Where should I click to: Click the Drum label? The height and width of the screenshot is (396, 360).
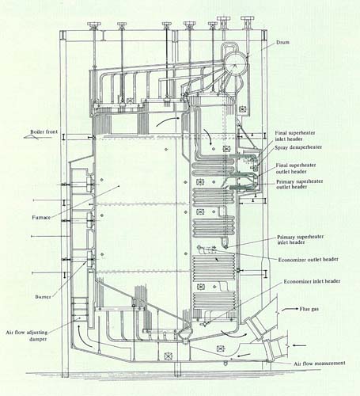tap(282, 42)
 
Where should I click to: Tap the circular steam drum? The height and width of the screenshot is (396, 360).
tap(236, 63)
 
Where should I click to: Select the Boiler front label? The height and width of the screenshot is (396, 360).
tap(44, 131)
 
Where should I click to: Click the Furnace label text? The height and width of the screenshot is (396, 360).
tap(41, 218)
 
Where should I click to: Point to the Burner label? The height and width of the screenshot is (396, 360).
tap(43, 297)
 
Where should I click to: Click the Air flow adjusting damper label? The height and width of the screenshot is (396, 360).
tap(27, 336)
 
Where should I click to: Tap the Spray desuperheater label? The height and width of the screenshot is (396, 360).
tap(298, 147)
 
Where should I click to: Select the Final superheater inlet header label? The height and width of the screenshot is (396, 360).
tap(295, 136)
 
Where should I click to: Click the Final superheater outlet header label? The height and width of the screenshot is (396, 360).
tap(296, 169)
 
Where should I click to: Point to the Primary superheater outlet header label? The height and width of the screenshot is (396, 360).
tap(299, 185)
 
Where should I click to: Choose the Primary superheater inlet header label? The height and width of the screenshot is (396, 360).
tap(300, 239)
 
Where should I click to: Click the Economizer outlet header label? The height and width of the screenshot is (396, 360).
tap(308, 260)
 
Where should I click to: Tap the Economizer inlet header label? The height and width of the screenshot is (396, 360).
tap(312, 281)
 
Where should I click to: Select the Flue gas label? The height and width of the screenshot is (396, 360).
tap(309, 309)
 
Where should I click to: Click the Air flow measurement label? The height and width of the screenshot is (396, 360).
tap(320, 364)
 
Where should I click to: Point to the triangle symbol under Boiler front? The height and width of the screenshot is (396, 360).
tap(31, 136)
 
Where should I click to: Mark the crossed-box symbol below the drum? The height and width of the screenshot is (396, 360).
tap(242, 109)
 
